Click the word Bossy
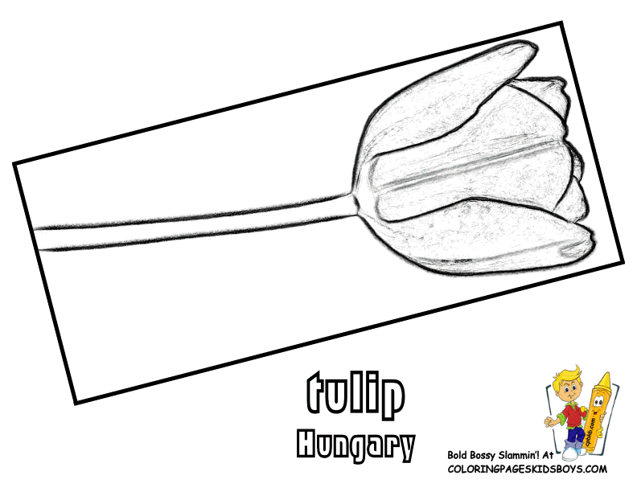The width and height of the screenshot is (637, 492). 492,457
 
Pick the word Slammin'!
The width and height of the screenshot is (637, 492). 535,457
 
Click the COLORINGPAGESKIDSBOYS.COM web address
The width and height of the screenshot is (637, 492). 526,469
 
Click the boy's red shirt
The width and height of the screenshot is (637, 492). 572,415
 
